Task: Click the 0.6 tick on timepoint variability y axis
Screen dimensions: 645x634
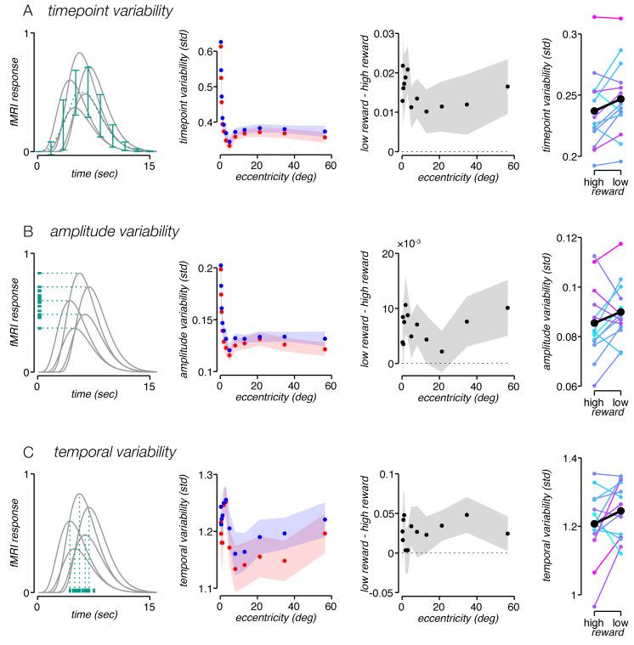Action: (x=204, y=52)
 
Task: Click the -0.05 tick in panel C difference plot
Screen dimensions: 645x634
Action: (x=382, y=592)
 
